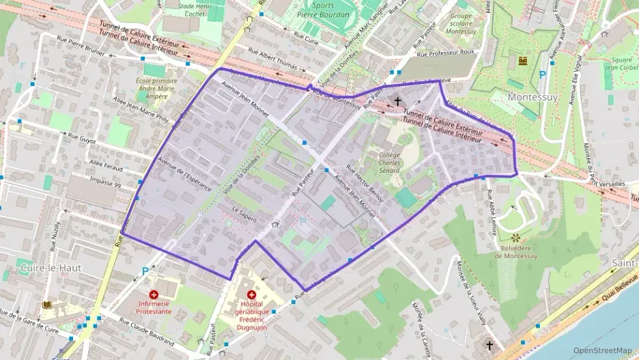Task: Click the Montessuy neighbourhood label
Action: (533, 97)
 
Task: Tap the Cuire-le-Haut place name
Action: (51, 268)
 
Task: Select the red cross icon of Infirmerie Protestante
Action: (154, 295)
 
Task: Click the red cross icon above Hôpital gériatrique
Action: (252, 294)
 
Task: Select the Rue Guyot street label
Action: (82, 137)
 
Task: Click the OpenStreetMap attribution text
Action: (602, 350)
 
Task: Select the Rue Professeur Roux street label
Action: (446, 53)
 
